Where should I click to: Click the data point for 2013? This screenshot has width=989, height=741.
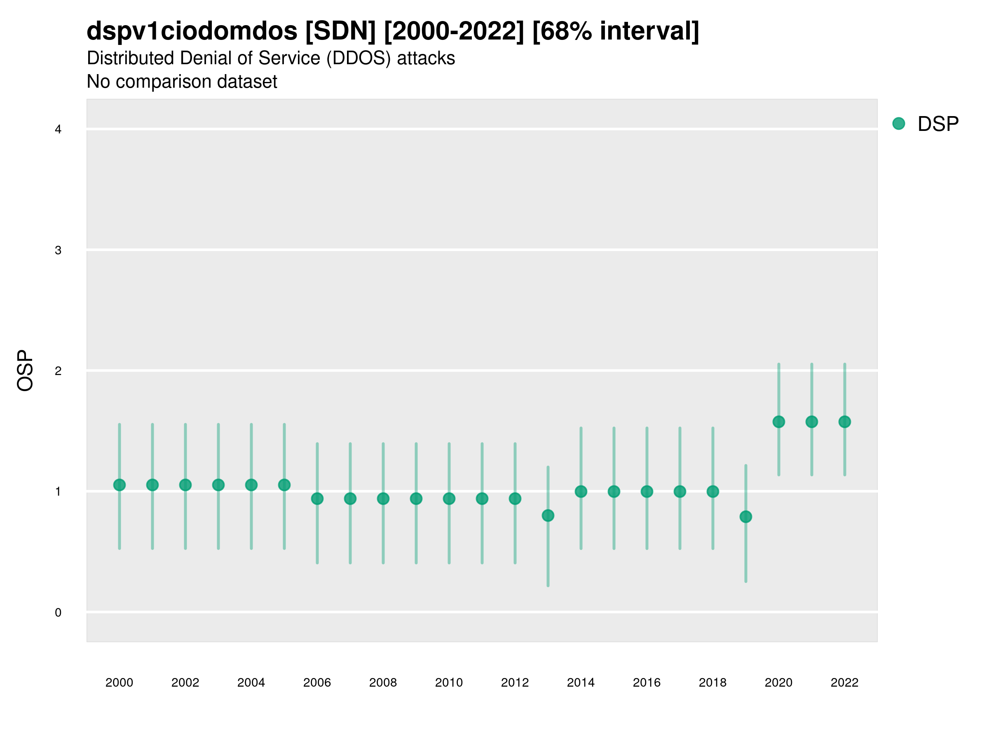pyautogui.click(x=548, y=515)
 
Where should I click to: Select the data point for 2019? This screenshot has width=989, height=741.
pyautogui.click(x=746, y=517)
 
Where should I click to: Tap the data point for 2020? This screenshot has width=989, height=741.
pyautogui.click(x=778, y=422)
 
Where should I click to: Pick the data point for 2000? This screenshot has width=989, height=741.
pyautogui.click(x=120, y=485)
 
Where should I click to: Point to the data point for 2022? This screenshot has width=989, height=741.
pyautogui.click(x=845, y=422)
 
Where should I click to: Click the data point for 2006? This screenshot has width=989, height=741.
pyautogui.click(x=317, y=499)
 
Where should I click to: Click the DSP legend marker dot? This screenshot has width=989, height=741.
pyautogui.click(x=899, y=124)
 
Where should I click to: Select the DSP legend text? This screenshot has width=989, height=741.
pyautogui.click(x=938, y=124)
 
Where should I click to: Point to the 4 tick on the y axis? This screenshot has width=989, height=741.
pyautogui.click(x=58, y=130)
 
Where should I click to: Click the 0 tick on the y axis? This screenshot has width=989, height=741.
pyautogui.click(x=58, y=613)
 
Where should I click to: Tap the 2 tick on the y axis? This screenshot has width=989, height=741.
pyautogui.click(x=58, y=371)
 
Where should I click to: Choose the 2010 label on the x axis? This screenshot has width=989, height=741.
pyautogui.click(x=449, y=683)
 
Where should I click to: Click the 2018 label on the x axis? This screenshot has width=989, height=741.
pyautogui.click(x=712, y=683)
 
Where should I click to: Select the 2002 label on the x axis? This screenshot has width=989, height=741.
pyautogui.click(x=185, y=683)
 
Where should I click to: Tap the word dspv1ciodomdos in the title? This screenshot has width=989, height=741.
pyautogui.click(x=192, y=31)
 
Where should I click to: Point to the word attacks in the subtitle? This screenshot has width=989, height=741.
pyautogui.click(x=426, y=58)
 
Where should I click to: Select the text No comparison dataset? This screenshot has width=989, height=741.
pyautogui.click(x=182, y=82)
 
